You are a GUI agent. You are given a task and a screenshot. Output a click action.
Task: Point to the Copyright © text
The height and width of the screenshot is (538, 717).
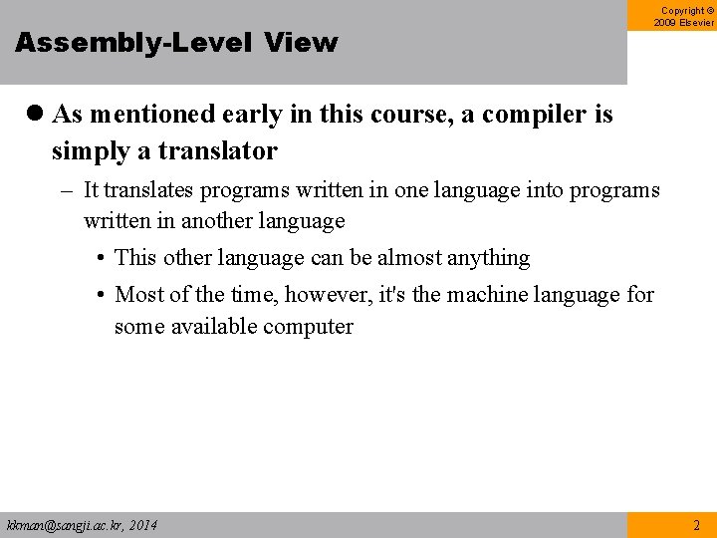pyautogui.click(x=686, y=11)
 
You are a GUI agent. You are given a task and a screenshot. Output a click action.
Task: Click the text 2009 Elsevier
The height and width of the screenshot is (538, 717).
pyautogui.click(x=685, y=23)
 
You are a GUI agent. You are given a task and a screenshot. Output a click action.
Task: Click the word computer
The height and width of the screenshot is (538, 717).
pyautogui.click(x=303, y=327)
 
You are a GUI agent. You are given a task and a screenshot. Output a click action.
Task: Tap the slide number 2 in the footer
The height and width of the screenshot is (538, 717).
pyautogui.click(x=696, y=525)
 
